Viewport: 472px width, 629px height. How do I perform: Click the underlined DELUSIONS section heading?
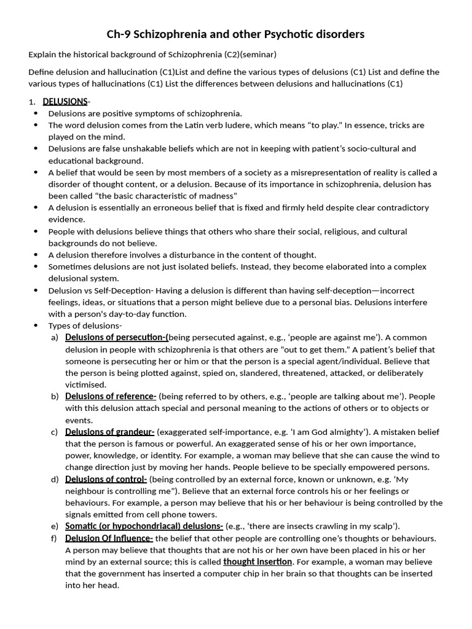[65, 101]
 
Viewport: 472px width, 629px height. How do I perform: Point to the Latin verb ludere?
[229, 125]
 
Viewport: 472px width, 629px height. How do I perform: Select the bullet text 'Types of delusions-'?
[85, 326]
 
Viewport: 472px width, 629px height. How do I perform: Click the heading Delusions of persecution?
[116, 337]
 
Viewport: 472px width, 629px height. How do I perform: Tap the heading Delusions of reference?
[111, 396]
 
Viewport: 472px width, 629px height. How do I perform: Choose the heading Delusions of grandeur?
[109, 432]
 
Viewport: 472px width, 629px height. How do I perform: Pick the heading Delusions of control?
[106, 479]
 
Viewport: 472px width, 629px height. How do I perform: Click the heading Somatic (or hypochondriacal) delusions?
[144, 526]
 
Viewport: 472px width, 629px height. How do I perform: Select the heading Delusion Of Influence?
[109, 538]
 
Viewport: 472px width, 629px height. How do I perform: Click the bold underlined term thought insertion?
[258, 561]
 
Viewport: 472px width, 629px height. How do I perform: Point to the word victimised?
[85, 385]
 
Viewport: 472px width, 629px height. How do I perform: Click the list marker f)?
[55, 538]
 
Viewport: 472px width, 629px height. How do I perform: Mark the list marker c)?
[55, 432]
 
